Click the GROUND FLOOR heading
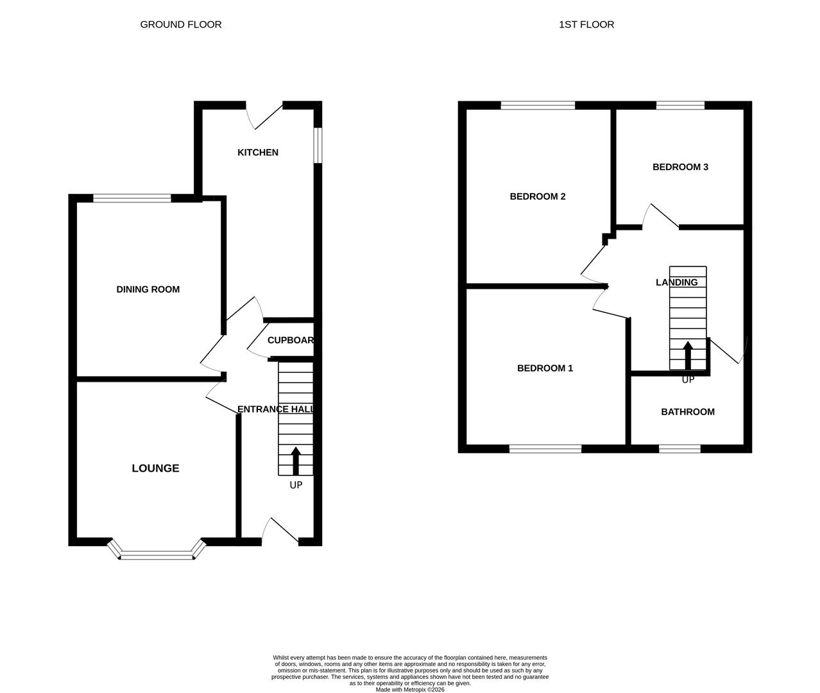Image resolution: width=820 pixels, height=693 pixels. [180, 24]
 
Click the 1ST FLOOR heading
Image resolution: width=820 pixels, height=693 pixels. [586, 24]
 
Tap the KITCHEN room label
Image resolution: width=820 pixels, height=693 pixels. [258, 152]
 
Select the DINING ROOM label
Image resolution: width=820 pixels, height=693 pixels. [148, 289]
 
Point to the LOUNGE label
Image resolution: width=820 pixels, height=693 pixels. [155, 468]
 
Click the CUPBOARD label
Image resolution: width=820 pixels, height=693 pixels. [291, 340]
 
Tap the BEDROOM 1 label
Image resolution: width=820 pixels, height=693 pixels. [545, 368]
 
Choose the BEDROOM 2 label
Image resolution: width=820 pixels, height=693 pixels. [537, 196]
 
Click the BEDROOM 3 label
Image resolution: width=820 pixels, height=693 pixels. [680, 167]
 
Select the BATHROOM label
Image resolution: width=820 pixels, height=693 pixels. [688, 412]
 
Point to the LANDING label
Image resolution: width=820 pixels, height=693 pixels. [676, 282]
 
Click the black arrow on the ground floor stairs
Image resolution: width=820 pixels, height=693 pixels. [296, 460]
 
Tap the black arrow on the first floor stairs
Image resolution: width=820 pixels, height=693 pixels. [688, 355]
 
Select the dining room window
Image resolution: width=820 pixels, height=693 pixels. [132, 198]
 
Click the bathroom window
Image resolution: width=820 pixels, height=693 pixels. [679, 449]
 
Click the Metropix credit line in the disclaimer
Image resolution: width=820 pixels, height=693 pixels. [409, 690]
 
